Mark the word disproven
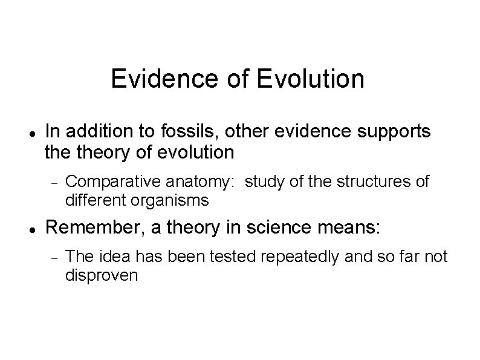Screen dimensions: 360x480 click(x=102, y=275)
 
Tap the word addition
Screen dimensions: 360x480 click(x=95, y=132)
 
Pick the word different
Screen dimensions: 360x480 click(x=96, y=200)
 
